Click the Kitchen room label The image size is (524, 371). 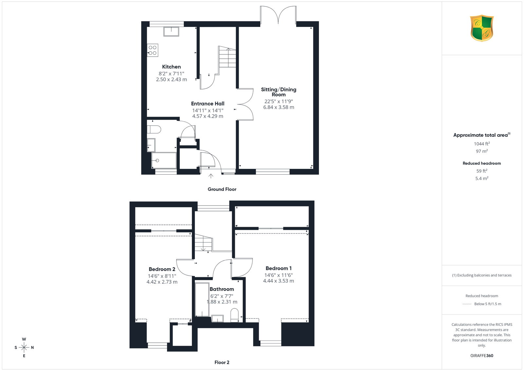click(171, 67)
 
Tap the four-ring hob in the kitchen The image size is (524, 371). click(153, 50)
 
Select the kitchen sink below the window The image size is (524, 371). click(171, 31)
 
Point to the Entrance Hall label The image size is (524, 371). click(208, 104)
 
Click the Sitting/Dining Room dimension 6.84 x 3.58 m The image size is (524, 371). click(279, 107)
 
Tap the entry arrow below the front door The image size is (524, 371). click(211, 176)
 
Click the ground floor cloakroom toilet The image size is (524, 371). click(154, 129)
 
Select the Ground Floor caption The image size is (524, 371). click(222, 189)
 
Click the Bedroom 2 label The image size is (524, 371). click(162, 269)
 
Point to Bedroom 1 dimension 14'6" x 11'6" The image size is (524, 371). click(278, 275)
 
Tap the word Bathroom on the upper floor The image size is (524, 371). click(222, 289)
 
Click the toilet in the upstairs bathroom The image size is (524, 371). click(234, 315)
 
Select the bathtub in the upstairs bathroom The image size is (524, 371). click(202, 300)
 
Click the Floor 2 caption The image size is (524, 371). click(222, 362)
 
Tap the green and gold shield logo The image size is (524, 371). click(482, 28)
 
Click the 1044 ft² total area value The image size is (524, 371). click(482, 144)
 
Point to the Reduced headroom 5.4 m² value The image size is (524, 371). click(482, 178)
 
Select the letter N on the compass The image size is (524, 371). click(32, 348)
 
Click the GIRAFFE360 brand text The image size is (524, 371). click(482, 356)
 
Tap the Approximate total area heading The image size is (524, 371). click(482, 135)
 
